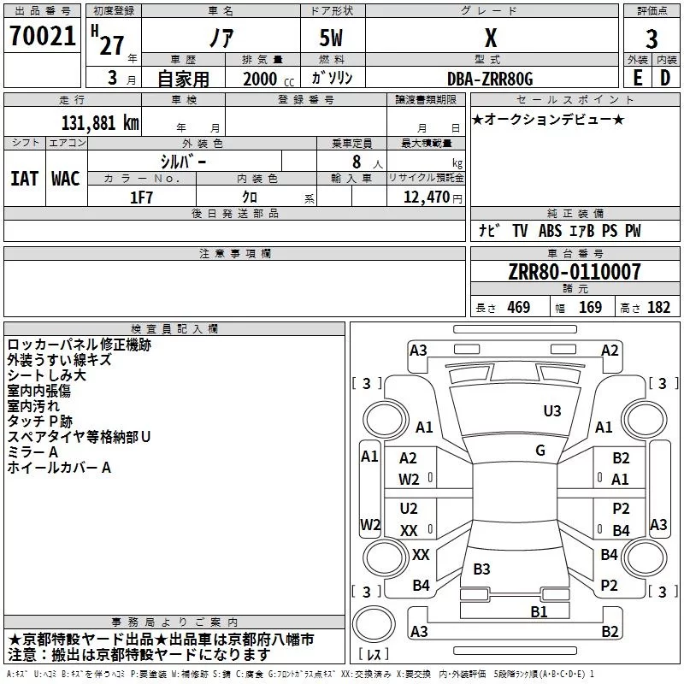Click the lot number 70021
[x=42, y=35]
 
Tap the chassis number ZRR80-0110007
[x=575, y=271]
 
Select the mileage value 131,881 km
[x=100, y=123]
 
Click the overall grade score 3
[x=652, y=39]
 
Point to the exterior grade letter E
[x=638, y=78]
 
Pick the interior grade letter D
[x=665, y=78]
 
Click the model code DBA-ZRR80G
[x=490, y=79]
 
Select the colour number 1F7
[x=141, y=198]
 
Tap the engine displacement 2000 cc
[x=268, y=79]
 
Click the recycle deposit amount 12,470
[x=426, y=197]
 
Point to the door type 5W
[x=331, y=38]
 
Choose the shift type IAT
[x=25, y=179]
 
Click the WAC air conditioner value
[x=66, y=179]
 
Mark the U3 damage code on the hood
[x=552, y=411]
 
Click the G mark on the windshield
[x=540, y=451]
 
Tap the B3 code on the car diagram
[x=481, y=569]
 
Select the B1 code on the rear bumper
[x=539, y=611]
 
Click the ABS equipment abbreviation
[x=550, y=231]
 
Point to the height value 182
[x=658, y=307]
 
